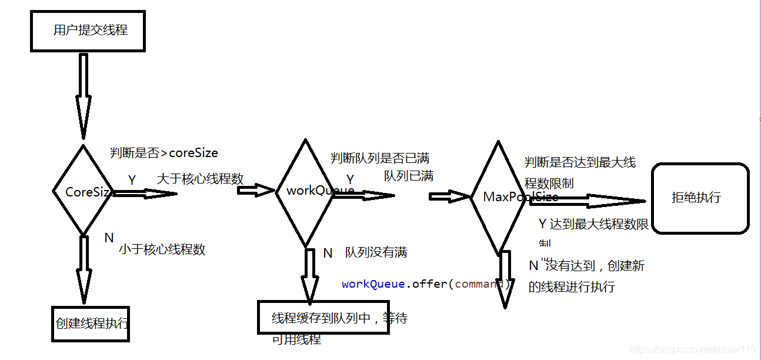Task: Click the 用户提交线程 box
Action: pyautogui.click(x=88, y=30)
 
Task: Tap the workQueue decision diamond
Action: pyautogui.click(x=305, y=192)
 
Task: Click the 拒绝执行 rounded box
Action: pyautogui.click(x=700, y=198)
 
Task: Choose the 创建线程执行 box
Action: pyautogui.click(x=90, y=324)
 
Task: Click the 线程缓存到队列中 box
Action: pyautogui.click(x=323, y=318)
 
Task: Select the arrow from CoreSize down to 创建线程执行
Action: pyautogui.click(x=84, y=268)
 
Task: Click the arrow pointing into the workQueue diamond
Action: pyautogui.click(x=255, y=189)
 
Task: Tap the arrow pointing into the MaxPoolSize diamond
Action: pyautogui.click(x=450, y=196)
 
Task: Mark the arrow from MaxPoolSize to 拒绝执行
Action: pyautogui.click(x=588, y=201)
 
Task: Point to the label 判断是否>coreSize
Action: pyautogui.click(x=163, y=153)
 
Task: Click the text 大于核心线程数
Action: pyautogui.click(x=200, y=179)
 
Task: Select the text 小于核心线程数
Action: pyautogui.click(x=162, y=249)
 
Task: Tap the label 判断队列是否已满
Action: pyautogui.click(x=379, y=158)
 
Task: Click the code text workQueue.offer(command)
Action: pyautogui.click(x=426, y=284)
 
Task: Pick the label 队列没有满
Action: pyautogui.click(x=376, y=252)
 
